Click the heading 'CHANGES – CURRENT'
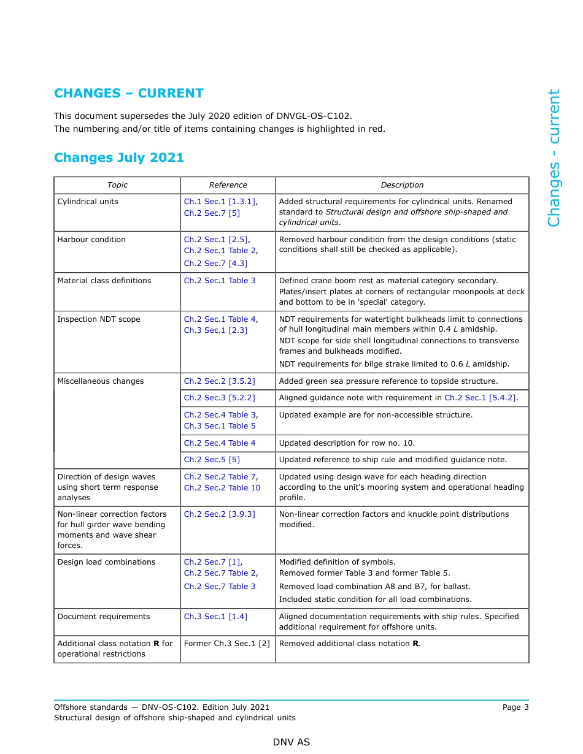(128, 93)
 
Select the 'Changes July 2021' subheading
(119, 158)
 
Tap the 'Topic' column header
(117, 185)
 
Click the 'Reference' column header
(228, 185)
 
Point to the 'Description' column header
(402, 185)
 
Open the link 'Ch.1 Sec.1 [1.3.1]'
(220, 202)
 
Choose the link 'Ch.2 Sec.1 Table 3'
(220, 281)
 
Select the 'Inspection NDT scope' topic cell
(99, 319)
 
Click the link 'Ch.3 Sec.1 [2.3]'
(215, 330)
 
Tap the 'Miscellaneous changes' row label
(101, 381)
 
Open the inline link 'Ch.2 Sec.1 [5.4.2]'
(480, 398)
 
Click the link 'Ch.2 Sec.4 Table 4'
(220, 443)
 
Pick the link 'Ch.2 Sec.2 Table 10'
(222, 488)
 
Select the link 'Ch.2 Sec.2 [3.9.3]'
(220, 514)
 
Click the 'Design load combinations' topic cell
(106, 562)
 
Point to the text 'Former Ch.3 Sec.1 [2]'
(227, 644)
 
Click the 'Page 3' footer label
(515, 707)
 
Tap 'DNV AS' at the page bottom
(291, 742)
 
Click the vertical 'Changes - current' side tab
(554, 158)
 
